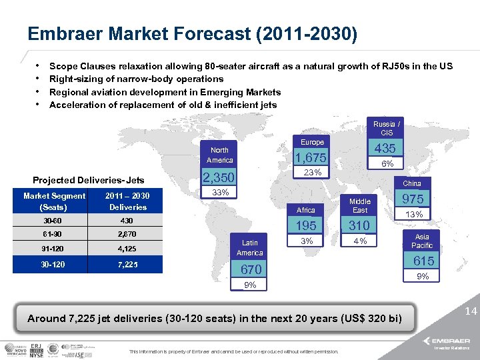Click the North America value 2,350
(x=219, y=178)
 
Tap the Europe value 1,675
(x=312, y=158)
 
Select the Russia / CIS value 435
(x=385, y=149)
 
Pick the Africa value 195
(x=307, y=226)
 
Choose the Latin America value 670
(x=251, y=269)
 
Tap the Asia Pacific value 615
(x=423, y=262)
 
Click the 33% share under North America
(x=220, y=193)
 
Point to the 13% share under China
(x=414, y=214)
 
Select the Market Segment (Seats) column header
(x=55, y=201)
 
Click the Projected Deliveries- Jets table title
(x=88, y=180)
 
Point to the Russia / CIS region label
(x=387, y=129)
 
